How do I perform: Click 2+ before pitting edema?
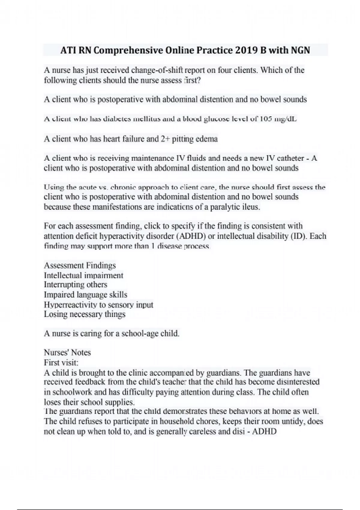[x=165, y=139]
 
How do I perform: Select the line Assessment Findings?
[x=80, y=265]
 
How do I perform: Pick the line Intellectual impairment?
[x=83, y=275]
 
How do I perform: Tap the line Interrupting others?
[x=75, y=284]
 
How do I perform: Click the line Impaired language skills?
[x=85, y=295]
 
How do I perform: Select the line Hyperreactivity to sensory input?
[x=98, y=305]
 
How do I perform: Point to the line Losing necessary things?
[x=85, y=314]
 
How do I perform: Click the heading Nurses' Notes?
[x=67, y=352]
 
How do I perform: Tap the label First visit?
[x=61, y=363]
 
